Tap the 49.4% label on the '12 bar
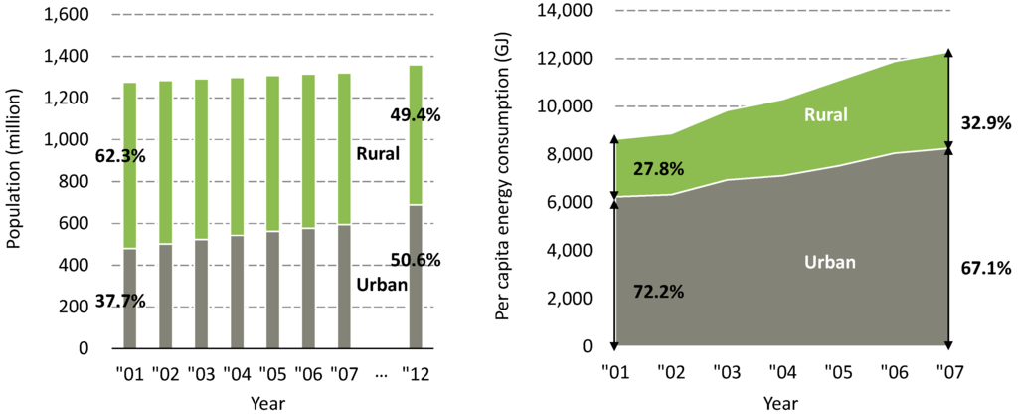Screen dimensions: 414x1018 (416, 114)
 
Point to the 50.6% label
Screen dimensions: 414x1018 (416, 261)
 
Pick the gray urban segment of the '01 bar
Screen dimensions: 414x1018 (129, 299)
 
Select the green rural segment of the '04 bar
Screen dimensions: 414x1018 (237, 159)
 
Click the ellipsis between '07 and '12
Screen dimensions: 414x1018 (381, 375)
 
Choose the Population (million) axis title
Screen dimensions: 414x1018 (15, 181)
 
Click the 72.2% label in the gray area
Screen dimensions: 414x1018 (658, 294)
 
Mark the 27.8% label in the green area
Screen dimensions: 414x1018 (658, 168)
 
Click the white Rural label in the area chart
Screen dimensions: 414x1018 (826, 115)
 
